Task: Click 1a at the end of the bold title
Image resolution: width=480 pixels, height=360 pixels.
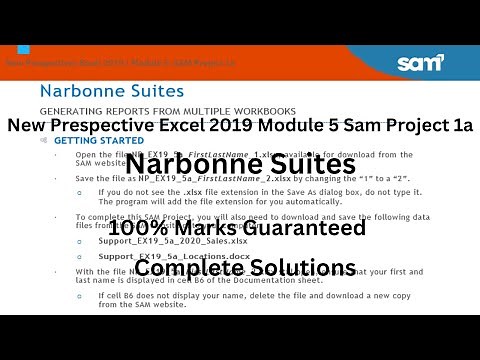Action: point(460,127)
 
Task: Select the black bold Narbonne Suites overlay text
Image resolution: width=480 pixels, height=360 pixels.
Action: point(240,164)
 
